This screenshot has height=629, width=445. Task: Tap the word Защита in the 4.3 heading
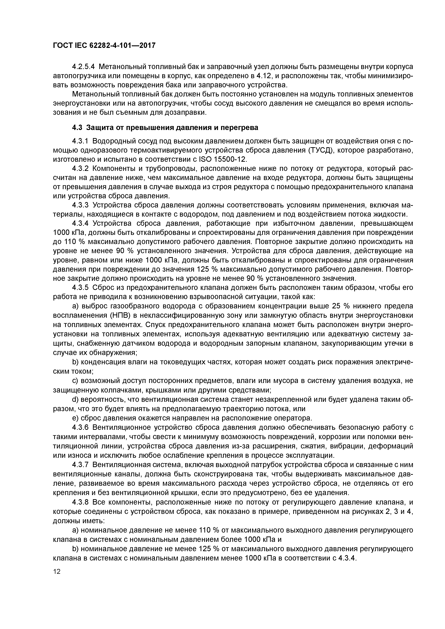(x=98, y=128)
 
